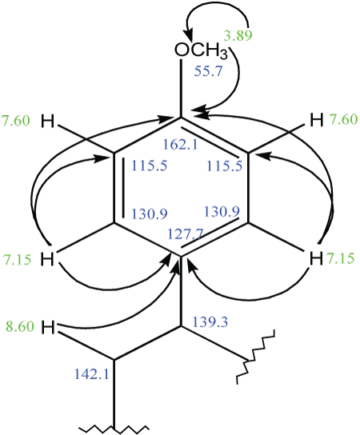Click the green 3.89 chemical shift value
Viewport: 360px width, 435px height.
tap(238, 35)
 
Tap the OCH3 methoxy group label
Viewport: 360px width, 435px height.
tap(201, 50)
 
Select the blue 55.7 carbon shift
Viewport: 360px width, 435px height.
tap(209, 71)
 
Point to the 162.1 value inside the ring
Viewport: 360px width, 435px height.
tap(181, 144)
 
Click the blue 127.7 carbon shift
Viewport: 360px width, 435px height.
tap(186, 234)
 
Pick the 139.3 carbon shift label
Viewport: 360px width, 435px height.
tap(210, 321)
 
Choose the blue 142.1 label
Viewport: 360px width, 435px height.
tap(91, 373)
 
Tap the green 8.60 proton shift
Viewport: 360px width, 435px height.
tap(20, 326)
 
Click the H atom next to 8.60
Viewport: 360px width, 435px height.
tap(48, 328)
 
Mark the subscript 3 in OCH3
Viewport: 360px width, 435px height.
tap(223, 54)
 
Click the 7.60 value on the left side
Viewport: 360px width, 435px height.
tap(16, 121)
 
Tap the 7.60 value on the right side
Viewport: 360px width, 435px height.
tap(343, 119)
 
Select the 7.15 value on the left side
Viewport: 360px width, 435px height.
tap(18, 260)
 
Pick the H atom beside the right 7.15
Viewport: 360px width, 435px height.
tap(316, 259)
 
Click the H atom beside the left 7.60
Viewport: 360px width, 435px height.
tap(47, 122)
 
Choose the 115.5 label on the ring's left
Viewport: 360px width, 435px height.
tap(150, 166)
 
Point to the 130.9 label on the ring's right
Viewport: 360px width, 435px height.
tap(222, 212)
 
